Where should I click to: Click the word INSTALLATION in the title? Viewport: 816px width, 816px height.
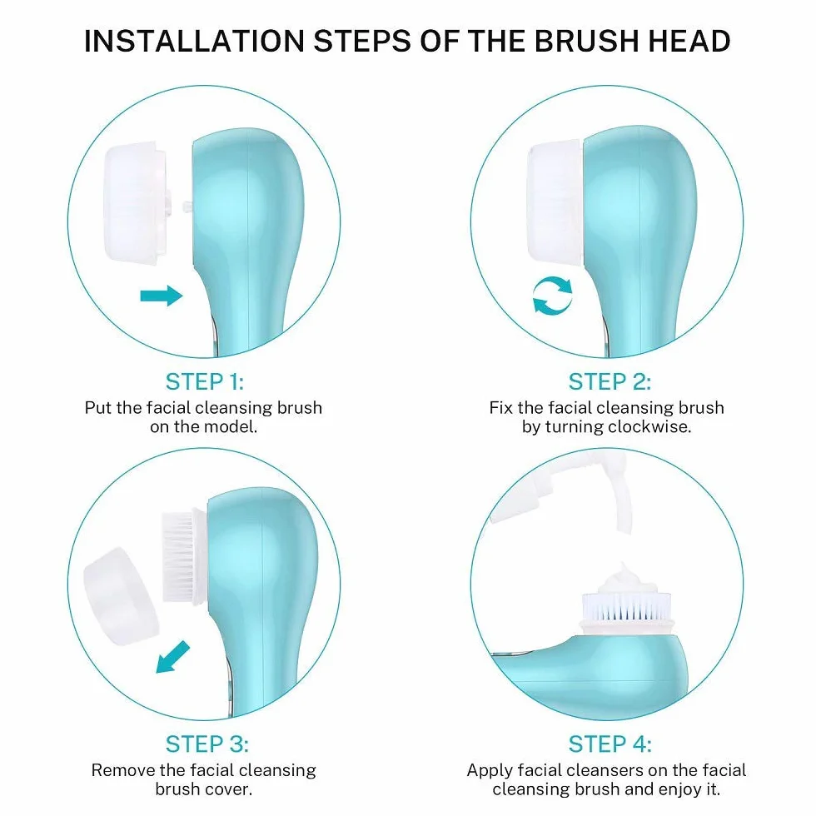[194, 41]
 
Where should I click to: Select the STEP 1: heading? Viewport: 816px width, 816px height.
[205, 381]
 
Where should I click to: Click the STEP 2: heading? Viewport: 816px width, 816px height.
[610, 381]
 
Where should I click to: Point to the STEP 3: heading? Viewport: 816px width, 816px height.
[206, 744]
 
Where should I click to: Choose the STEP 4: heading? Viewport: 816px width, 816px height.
[610, 744]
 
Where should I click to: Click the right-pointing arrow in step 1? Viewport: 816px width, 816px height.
[162, 296]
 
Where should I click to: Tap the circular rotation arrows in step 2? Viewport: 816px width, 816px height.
[552, 296]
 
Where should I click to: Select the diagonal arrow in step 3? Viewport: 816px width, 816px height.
[173, 657]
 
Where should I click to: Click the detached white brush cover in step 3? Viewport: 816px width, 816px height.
[121, 596]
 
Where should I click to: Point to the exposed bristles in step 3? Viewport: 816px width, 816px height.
[178, 556]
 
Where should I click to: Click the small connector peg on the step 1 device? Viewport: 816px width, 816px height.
[187, 207]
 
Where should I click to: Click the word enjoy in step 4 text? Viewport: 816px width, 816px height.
[680, 789]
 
